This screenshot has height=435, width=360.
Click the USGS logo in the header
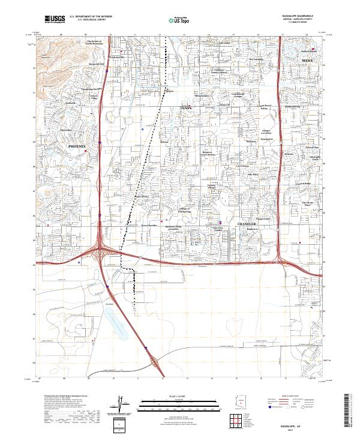(x=54, y=20)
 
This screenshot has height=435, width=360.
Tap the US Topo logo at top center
(x=172, y=20)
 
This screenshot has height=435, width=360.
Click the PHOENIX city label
(x=77, y=146)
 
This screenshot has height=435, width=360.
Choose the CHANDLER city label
(x=247, y=223)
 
